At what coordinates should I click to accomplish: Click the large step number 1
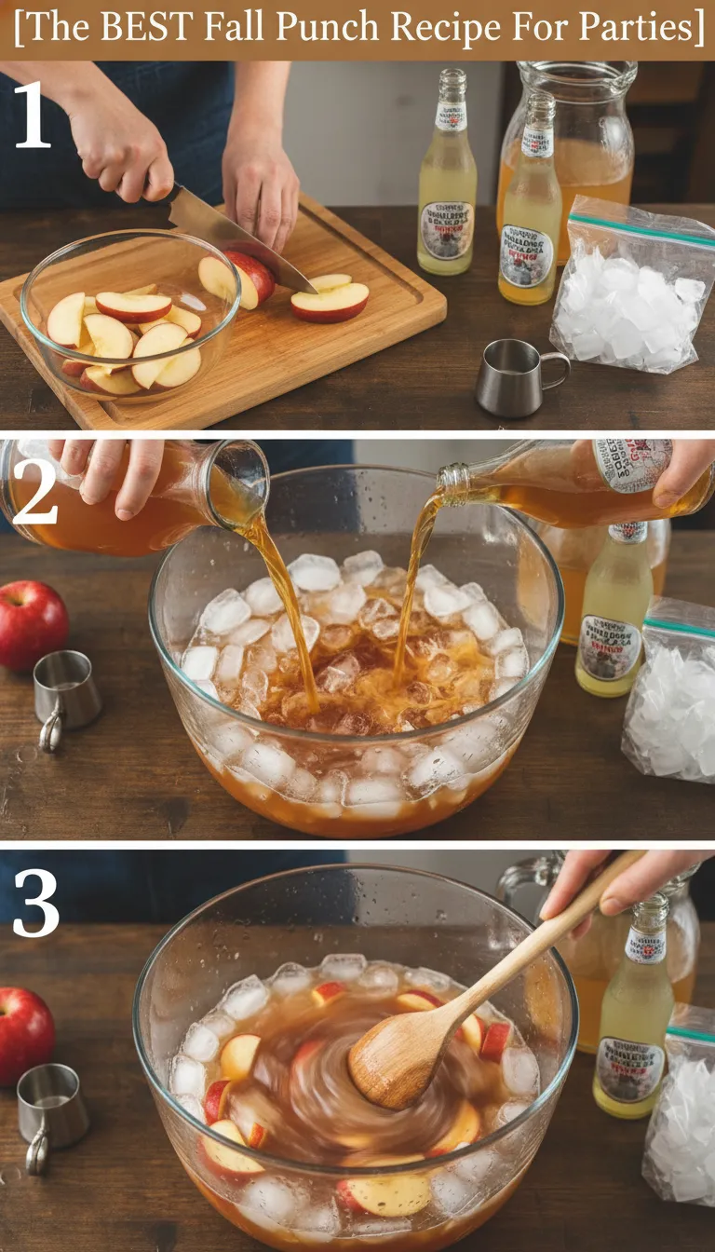(x=32, y=116)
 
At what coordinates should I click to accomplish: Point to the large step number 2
(x=34, y=495)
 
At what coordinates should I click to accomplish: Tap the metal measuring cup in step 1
(x=516, y=376)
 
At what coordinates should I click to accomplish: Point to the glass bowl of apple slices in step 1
(x=130, y=317)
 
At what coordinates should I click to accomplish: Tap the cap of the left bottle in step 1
(x=452, y=82)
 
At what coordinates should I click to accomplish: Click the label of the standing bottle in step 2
(x=610, y=646)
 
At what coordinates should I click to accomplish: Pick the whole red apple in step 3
(x=23, y=1034)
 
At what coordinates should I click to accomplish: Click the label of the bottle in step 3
(x=631, y=1068)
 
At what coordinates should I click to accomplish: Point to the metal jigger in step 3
(x=50, y=1113)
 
